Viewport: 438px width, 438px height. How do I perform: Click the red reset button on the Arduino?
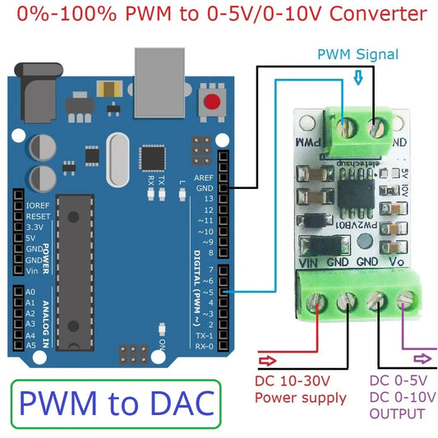coord(214,102)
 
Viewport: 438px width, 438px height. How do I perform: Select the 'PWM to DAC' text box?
coord(117,403)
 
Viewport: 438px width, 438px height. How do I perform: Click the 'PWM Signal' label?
coord(358,54)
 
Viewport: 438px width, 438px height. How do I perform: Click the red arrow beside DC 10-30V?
coord(268,359)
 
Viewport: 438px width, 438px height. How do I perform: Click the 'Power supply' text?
coord(301,399)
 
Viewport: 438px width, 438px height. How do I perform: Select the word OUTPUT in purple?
coord(397,413)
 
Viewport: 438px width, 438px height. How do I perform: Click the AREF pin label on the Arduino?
coord(205,178)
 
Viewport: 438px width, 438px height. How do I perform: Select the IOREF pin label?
coord(39,205)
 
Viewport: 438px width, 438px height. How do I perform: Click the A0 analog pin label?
coord(30,293)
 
